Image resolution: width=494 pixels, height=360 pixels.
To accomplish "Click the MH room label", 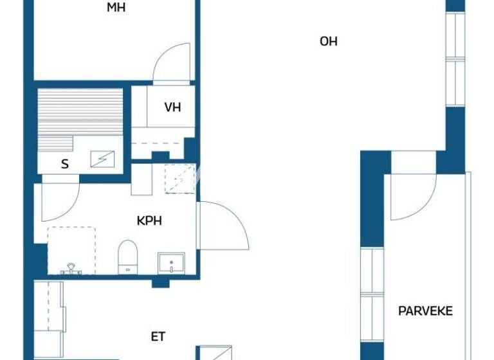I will pyautogui.click(x=116, y=8).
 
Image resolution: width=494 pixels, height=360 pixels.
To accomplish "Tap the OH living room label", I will pyautogui.click(x=328, y=42).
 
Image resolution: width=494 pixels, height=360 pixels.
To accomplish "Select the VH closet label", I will pyautogui.click(x=172, y=107).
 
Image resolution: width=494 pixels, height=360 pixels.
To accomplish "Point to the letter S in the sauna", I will pyautogui.click(x=64, y=164).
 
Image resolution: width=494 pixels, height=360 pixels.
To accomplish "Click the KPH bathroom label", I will pyautogui.click(x=149, y=221).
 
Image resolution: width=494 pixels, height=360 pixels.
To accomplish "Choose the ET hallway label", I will pyautogui.click(x=158, y=336).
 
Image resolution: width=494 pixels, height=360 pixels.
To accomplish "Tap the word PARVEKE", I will pyautogui.click(x=425, y=311).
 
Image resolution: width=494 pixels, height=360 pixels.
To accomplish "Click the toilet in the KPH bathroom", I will pyautogui.click(x=128, y=256).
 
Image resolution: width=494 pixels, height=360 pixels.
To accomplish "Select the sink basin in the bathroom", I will pyautogui.click(x=171, y=262).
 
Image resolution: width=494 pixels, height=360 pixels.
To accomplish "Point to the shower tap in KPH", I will pyautogui.click(x=71, y=269).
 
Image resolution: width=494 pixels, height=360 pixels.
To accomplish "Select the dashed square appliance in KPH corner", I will pyautogui.click(x=179, y=179).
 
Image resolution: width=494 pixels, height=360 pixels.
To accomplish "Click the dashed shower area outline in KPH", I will pyautogui.click(x=71, y=249).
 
